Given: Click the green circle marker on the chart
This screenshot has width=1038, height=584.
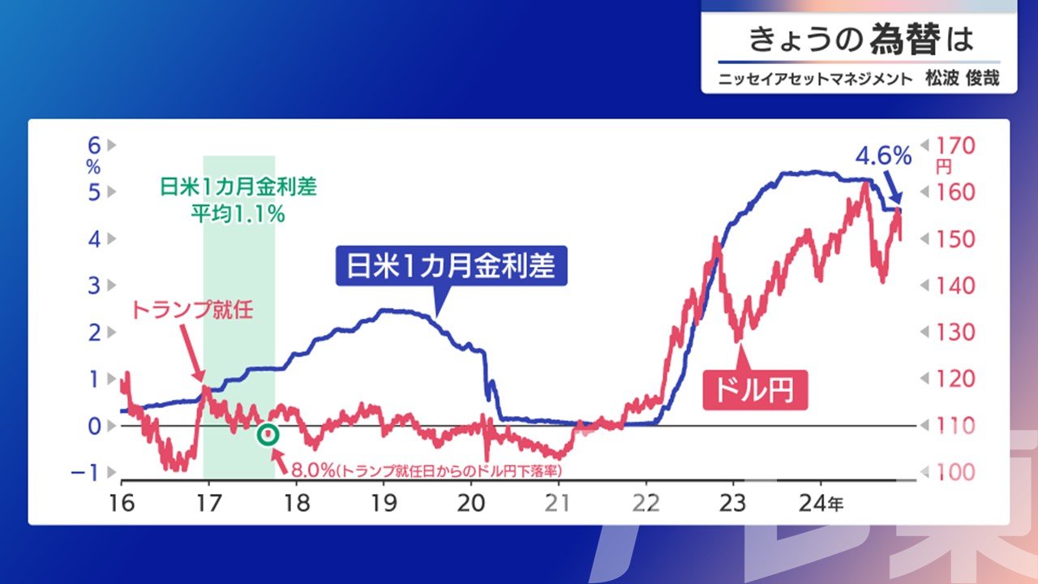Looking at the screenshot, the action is (x=268, y=434).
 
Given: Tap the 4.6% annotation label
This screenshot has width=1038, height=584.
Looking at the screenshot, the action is (x=883, y=156).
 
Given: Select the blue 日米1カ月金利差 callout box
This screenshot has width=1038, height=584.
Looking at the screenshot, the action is (x=452, y=265).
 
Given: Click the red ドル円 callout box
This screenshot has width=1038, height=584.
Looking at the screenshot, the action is (x=755, y=390).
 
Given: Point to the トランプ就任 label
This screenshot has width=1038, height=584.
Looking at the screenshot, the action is (x=193, y=310).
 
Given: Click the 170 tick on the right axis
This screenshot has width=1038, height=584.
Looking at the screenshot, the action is (x=955, y=146).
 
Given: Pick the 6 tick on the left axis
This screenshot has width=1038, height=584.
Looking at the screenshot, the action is (x=94, y=145).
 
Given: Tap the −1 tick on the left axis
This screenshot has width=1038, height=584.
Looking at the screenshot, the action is (x=85, y=473).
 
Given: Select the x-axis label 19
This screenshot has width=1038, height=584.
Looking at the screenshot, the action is (x=384, y=503).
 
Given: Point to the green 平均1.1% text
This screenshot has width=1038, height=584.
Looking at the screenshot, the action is (x=238, y=213).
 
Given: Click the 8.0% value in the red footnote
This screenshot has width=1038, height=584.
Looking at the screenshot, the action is (x=313, y=470).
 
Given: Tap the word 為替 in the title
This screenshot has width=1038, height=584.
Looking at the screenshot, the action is (x=905, y=40).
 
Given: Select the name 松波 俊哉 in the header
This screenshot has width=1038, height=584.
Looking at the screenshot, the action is (x=963, y=78).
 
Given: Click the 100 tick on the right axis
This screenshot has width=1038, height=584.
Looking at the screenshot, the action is (x=955, y=472).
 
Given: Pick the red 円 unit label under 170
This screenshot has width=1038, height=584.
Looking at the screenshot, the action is (x=943, y=167).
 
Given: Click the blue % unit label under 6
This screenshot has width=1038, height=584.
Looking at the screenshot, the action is (x=93, y=167).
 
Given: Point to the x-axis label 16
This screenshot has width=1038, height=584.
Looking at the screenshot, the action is (x=122, y=503).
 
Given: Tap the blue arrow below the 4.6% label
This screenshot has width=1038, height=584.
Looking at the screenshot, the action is (x=893, y=187).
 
